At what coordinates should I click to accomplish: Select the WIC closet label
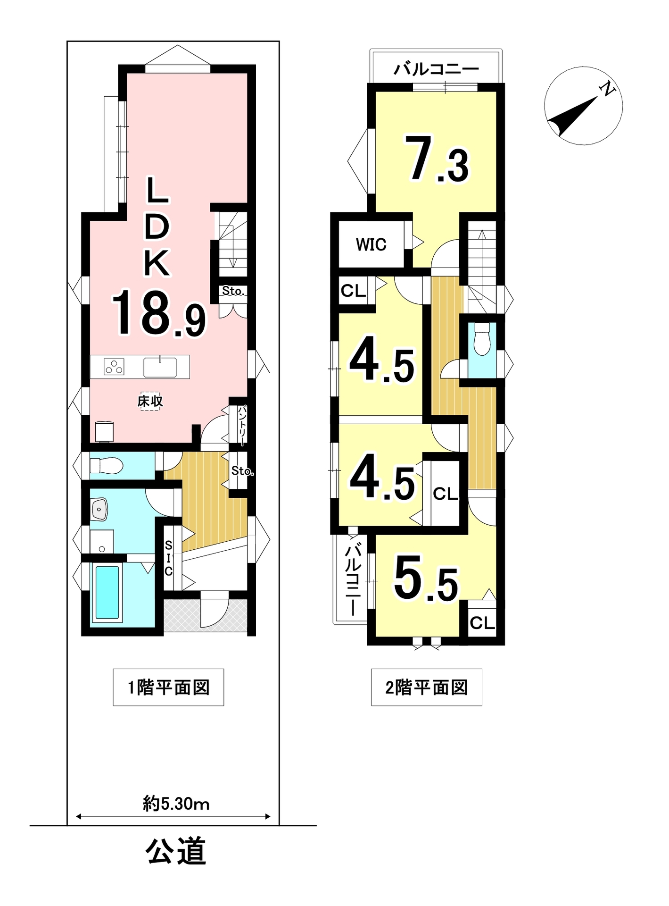[371, 244]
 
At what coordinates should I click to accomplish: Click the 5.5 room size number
[426, 579]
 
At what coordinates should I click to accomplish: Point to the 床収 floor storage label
[150, 401]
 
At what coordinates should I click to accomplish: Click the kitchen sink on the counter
[160, 367]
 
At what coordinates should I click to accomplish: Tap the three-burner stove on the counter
[114, 367]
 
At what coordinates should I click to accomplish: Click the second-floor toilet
[482, 339]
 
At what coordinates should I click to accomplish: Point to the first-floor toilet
[106, 466]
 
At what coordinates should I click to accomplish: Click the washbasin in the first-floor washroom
[99, 509]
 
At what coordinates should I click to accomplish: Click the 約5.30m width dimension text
[176, 804]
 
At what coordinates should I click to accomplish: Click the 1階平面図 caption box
[168, 688]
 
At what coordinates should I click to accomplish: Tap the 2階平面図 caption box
[427, 688]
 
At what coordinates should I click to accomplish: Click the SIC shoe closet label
[168, 558]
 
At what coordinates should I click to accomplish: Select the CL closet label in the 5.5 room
[482, 623]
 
